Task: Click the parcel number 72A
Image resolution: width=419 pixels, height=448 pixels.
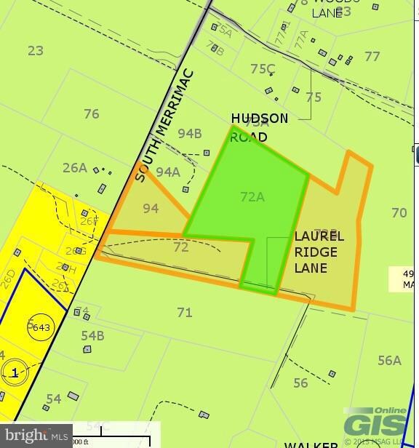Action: click(252, 196)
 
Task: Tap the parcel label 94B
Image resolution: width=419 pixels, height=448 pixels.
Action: click(189, 133)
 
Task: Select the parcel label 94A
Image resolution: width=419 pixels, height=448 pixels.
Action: click(167, 172)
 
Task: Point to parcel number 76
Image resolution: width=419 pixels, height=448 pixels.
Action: click(91, 113)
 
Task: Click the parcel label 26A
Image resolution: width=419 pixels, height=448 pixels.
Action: click(74, 168)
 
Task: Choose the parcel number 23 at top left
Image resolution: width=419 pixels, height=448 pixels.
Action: click(35, 50)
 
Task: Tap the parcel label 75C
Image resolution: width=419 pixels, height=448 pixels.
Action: click(263, 69)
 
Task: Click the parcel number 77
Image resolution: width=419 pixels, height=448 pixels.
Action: click(372, 56)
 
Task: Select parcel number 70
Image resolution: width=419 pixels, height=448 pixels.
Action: click(399, 212)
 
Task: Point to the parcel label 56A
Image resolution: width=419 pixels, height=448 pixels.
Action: click(389, 360)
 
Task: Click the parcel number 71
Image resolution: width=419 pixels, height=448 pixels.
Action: click(185, 312)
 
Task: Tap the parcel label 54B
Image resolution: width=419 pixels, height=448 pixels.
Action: click(92, 335)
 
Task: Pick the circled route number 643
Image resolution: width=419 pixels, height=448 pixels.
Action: click(41, 327)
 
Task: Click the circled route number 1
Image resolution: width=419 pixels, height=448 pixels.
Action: click(15, 372)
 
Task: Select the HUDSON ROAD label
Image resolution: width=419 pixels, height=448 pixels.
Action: click(259, 127)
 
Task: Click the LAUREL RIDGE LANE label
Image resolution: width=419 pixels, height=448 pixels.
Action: click(319, 252)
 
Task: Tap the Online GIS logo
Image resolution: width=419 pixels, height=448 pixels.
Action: click(375, 424)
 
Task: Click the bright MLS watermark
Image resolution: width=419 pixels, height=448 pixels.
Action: click(36, 436)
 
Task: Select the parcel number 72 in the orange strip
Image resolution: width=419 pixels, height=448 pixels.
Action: click(181, 247)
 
